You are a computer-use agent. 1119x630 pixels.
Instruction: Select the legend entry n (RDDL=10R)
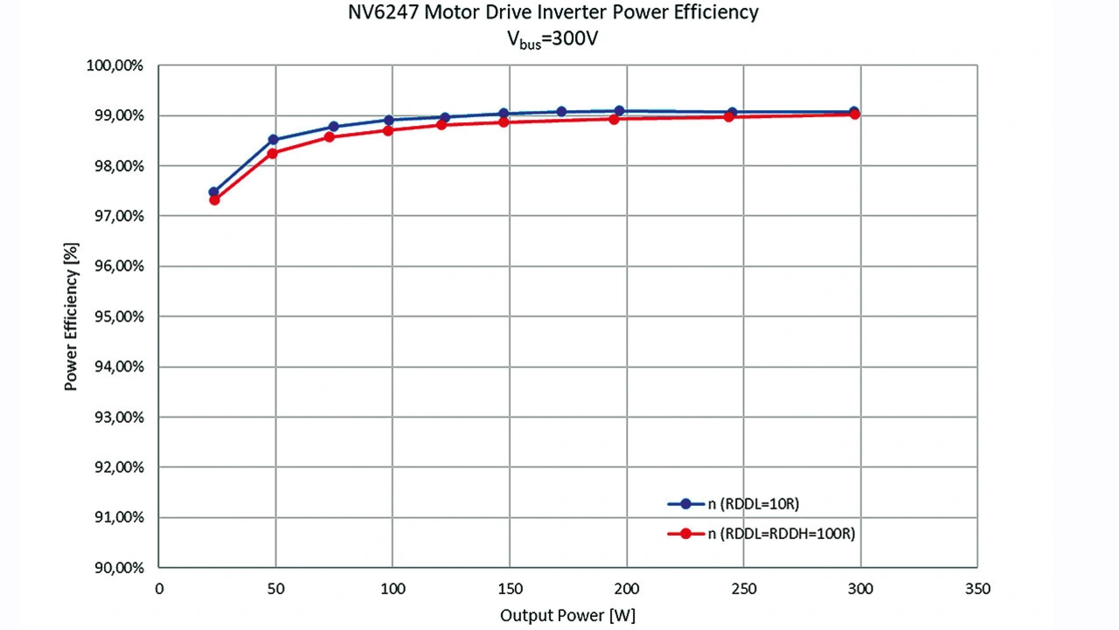754,503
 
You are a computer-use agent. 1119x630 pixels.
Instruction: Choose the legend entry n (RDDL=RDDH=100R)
781,534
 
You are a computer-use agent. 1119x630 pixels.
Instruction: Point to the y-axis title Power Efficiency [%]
72,316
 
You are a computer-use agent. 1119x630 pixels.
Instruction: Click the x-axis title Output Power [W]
567,615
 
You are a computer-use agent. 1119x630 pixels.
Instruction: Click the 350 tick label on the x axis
977,589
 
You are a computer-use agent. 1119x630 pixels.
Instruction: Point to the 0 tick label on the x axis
159,589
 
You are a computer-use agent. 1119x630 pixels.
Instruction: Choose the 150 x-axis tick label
510,589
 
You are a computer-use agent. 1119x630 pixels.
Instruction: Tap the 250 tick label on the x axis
744,589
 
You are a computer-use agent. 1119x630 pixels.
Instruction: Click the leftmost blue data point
213,192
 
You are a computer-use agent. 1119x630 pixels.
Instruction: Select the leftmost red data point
214,200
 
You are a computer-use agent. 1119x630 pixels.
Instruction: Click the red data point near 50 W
272,154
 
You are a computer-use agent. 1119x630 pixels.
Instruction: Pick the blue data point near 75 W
333,127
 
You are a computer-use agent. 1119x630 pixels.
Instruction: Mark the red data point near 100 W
388,130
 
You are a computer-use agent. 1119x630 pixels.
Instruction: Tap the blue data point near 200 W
619,111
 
